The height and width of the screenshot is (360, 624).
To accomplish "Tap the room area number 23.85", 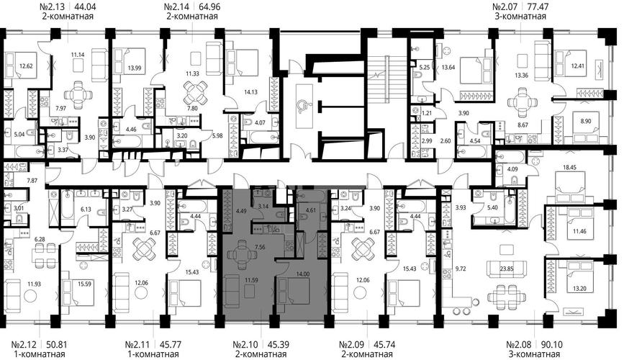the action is (507, 269).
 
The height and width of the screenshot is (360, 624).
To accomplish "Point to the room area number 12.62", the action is (26, 66).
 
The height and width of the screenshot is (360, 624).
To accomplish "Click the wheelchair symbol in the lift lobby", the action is (304, 105).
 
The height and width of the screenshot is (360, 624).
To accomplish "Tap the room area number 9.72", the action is (460, 269).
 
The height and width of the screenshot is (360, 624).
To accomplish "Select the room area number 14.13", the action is (250, 92).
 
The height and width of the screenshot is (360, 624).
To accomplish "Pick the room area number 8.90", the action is (585, 121).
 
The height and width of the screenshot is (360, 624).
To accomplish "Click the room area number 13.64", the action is (448, 67).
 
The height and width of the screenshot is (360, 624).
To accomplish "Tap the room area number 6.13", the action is (86, 209).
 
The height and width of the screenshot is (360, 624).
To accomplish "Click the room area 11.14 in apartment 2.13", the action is (78, 55).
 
